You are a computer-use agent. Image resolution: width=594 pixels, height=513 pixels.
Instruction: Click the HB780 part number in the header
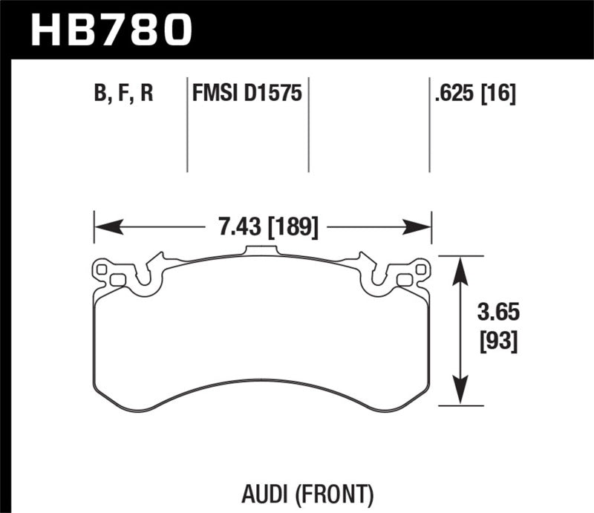110,30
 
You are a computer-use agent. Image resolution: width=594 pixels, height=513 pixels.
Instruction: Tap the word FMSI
213,94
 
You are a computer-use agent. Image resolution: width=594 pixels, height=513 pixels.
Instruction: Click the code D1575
273,94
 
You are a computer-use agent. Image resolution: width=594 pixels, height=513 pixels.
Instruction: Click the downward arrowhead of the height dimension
460,397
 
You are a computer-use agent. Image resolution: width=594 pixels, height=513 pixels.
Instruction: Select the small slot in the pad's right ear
405,280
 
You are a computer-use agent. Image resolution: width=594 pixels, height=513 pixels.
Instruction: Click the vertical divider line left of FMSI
187,126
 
